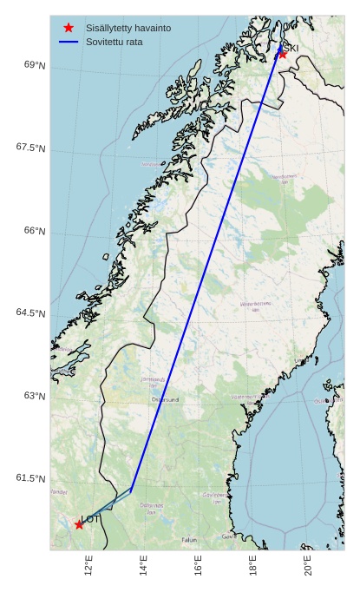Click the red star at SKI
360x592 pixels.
[282, 54]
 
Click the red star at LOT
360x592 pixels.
[79, 524]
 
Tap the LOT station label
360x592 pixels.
[91, 519]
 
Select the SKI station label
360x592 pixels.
[291, 48]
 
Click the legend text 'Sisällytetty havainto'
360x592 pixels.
[128, 28]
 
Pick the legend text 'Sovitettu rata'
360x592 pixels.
[115, 42]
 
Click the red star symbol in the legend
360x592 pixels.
[69, 28]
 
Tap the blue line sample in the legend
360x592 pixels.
[69, 42]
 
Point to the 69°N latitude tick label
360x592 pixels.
[35, 65]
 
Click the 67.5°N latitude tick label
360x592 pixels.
[30, 148]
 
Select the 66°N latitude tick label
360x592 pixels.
[35, 231]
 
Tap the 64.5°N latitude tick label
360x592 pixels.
[30, 313]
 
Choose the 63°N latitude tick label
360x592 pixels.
[35, 396]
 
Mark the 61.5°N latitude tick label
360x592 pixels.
[30, 478]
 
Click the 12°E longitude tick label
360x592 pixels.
[88, 566]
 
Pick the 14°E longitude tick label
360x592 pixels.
[143, 566]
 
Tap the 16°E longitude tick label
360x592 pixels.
[198, 566]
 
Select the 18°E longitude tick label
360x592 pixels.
[253, 566]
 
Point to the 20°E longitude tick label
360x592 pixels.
[308, 566]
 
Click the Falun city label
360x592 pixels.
[189, 540]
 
